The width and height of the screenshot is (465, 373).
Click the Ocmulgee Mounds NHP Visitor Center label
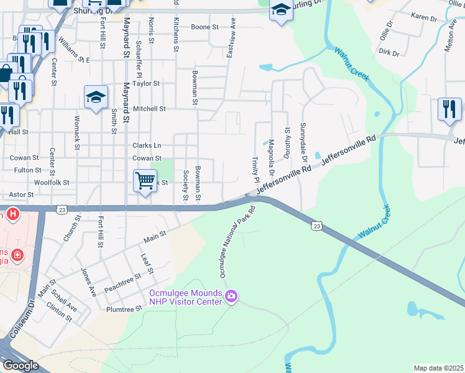coord(185,297)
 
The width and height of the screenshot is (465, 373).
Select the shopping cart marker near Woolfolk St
coord(145,181)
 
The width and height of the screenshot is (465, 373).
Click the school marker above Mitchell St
coord(96,96)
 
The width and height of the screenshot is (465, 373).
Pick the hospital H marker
coord(13,216)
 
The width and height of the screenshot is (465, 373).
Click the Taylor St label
coord(146,83)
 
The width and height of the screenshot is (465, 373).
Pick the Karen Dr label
coord(424,19)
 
